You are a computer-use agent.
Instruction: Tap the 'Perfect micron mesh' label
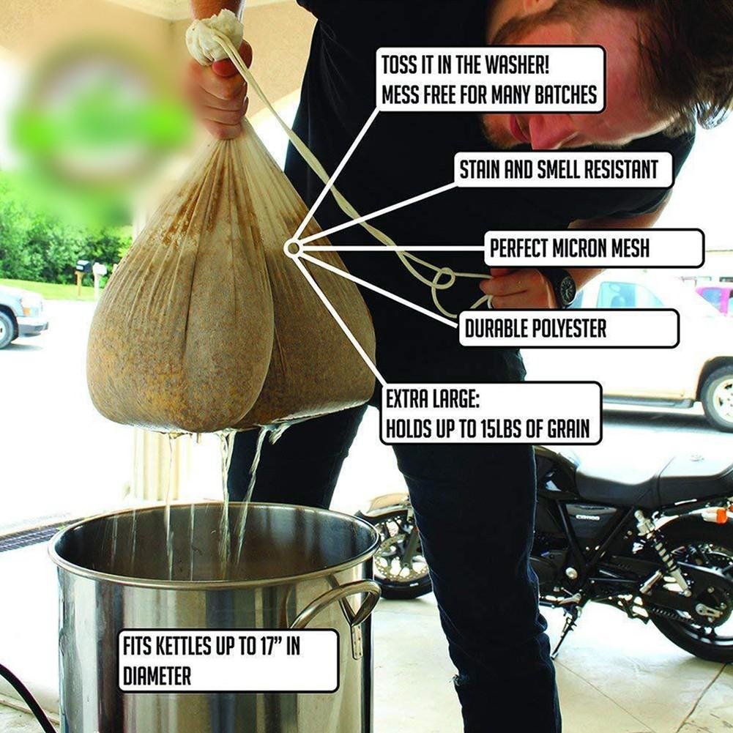pos(592,248)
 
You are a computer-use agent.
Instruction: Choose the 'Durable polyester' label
pos(568,328)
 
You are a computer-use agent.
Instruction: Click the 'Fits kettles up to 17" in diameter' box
pos(228,661)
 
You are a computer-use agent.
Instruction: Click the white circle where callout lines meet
pos(293,249)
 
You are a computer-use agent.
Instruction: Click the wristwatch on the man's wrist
pos(563,288)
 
